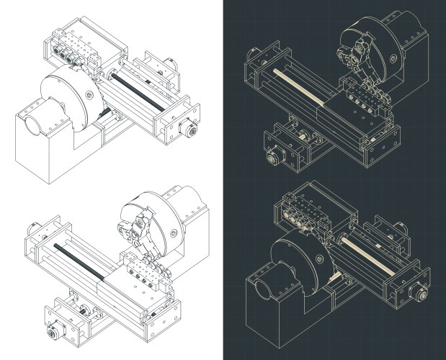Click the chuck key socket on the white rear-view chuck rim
click(88, 94)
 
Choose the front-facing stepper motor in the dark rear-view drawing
click(417, 294)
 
